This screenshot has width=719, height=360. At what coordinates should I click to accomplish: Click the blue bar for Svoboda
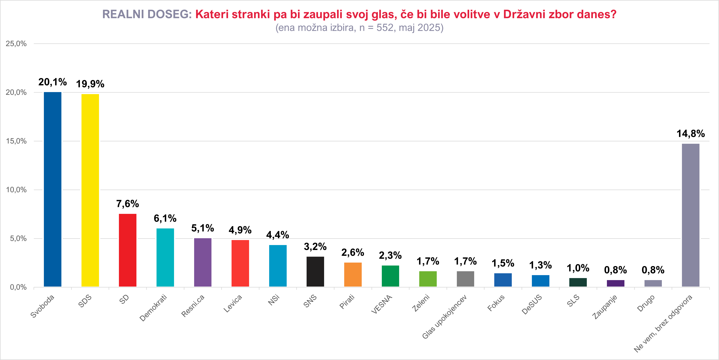tap(53, 189)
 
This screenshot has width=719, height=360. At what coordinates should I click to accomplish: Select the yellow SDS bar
tap(90, 190)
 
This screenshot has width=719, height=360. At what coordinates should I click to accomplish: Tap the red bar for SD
tap(128, 250)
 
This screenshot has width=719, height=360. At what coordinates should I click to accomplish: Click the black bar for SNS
tap(315, 271)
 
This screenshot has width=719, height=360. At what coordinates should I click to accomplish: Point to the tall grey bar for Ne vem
tap(691, 215)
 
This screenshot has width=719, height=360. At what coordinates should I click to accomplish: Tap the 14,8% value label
tap(691, 134)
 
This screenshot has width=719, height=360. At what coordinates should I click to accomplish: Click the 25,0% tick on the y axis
tap(16, 44)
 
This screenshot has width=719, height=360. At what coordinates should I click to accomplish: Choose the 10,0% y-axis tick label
tap(16, 190)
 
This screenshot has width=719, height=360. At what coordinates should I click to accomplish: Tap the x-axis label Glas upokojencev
tap(444, 317)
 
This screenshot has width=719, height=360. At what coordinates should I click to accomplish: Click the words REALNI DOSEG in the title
tap(147, 14)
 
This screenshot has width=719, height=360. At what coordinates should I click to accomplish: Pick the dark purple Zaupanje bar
tap(615, 283)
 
